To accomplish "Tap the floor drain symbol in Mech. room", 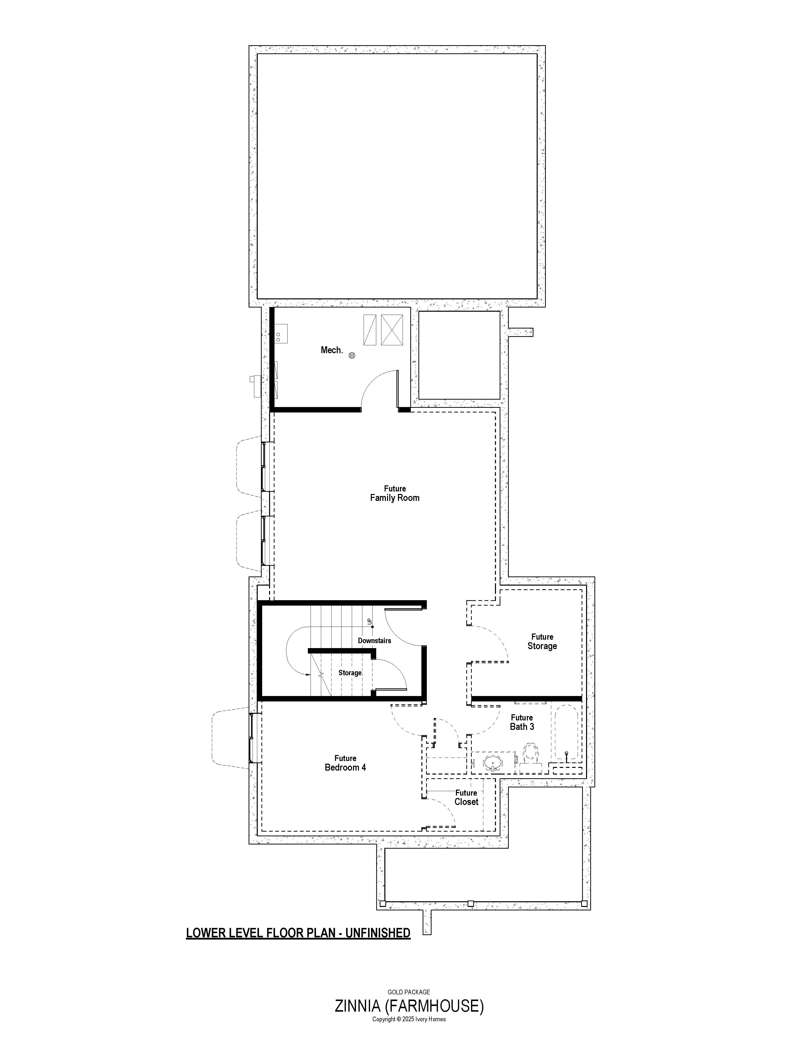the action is point(352,355).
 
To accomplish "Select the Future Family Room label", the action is point(395,493).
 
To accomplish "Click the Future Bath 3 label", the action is point(522,722).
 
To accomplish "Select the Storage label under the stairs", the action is point(350,673).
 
